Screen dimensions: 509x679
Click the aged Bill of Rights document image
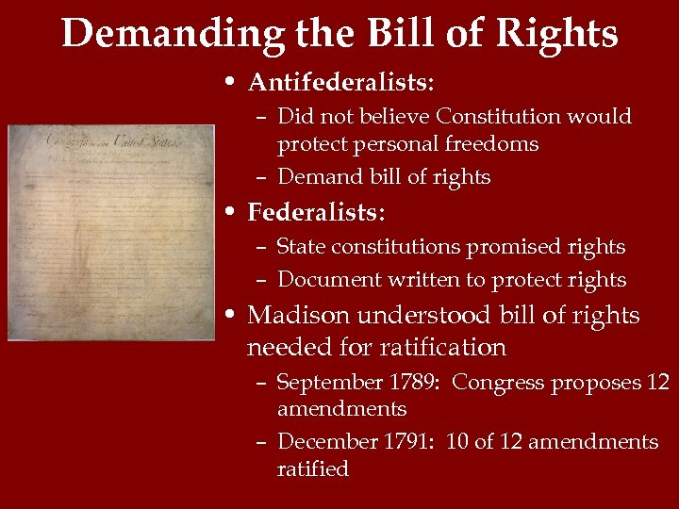(x=111, y=232)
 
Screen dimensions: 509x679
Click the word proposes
(x=595, y=383)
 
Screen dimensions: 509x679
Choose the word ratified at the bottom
(x=313, y=468)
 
